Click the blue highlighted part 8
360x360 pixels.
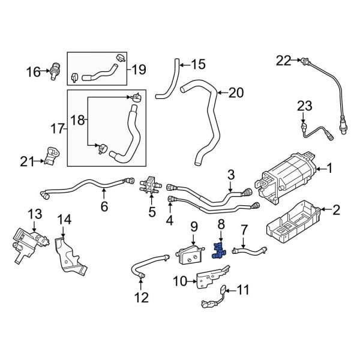pos(220,250)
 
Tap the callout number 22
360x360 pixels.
pos(283,60)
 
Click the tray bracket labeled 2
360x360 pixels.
pos(294,223)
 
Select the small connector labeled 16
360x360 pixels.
pos(55,71)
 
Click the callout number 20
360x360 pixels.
pos(236,92)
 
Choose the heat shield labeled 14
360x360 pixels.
pos(70,257)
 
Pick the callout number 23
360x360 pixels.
pos(305,107)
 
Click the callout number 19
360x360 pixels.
pos(139,70)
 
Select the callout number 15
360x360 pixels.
pos(197,63)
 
